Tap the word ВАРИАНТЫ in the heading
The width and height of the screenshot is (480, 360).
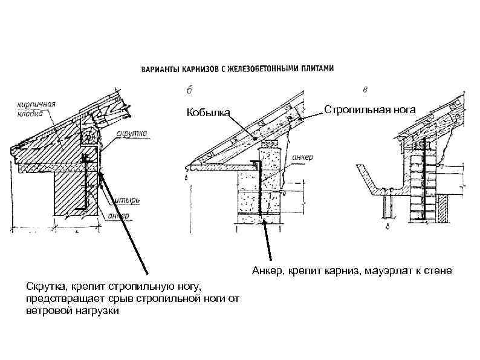pyautogui.click(x=158, y=69)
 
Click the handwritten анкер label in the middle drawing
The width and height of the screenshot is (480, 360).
pyautogui.click(x=302, y=157)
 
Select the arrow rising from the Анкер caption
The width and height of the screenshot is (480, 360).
pyautogui.click(x=267, y=242)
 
